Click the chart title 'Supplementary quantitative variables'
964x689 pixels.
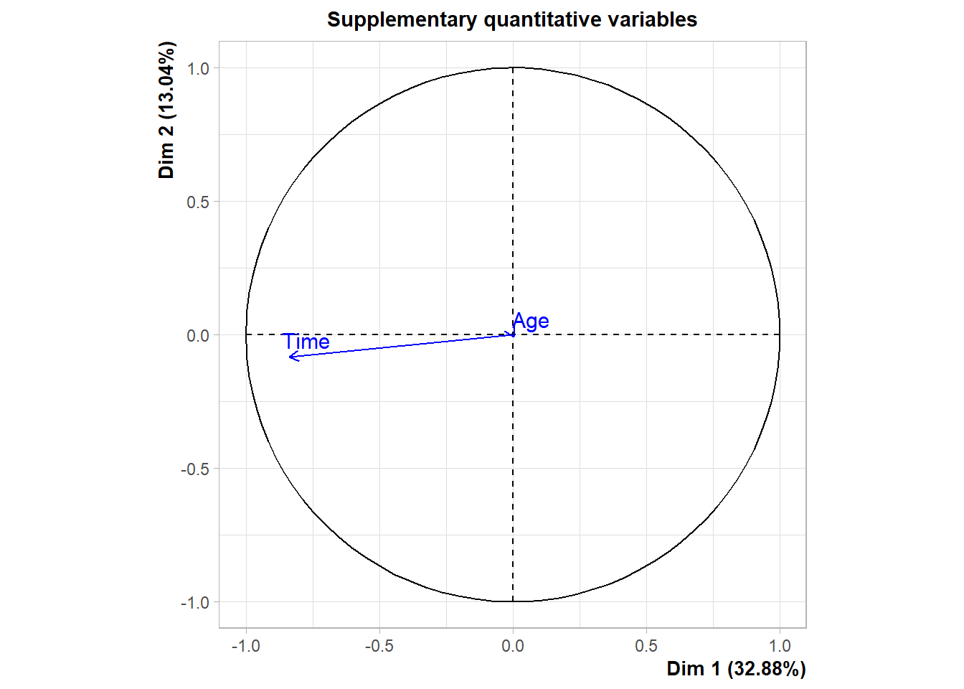pos(512,19)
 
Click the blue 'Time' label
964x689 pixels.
pos(306,342)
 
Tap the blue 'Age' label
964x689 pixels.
pos(531,321)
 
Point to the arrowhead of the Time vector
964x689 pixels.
pos(290,357)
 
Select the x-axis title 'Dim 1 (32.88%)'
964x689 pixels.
pos(736,669)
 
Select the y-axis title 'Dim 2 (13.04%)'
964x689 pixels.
pos(166,110)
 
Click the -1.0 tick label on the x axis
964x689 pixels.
pos(245,646)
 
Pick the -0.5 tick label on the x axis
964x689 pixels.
pos(379,646)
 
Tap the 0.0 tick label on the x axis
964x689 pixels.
pos(513,646)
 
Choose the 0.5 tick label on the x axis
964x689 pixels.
pos(646,646)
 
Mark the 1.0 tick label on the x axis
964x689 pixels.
pos(780,646)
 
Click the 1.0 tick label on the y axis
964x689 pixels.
pos(198,68)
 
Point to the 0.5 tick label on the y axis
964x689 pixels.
pos(198,202)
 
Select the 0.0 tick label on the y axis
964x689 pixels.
pos(198,335)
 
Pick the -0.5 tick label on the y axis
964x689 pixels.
pos(195,469)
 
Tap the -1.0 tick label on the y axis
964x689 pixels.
pos(195,602)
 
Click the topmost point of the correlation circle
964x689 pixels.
pos(513,67)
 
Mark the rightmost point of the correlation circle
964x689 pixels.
pos(780,334)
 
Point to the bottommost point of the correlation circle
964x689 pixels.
pos(513,601)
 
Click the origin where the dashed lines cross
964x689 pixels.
pos(513,334)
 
